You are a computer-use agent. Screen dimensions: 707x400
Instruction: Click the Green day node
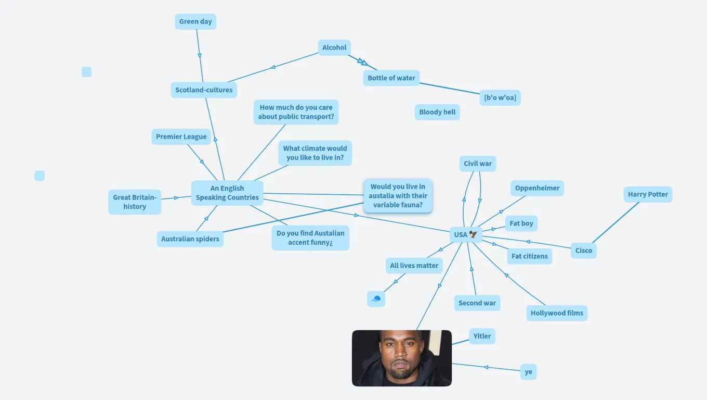[x=195, y=21]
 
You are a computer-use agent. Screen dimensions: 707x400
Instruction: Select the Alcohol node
[x=334, y=47]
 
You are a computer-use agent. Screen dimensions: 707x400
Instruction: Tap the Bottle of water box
[x=391, y=78]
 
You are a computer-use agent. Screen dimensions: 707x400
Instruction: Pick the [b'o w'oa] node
[x=500, y=97]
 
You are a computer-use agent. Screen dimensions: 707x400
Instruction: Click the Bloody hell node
[x=437, y=112]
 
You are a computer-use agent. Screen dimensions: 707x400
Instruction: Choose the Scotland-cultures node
[x=204, y=90]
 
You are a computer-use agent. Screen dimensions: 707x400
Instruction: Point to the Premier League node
[x=181, y=136]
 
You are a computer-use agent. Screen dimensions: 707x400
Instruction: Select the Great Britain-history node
[x=135, y=202]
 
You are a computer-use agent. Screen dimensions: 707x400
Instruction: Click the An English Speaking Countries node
[x=227, y=193]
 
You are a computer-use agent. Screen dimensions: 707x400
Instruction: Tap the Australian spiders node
[x=190, y=239]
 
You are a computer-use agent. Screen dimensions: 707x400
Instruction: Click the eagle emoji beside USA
[x=473, y=234]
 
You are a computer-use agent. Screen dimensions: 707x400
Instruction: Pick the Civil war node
[x=478, y=164]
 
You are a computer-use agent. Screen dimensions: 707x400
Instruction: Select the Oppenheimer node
[x=537, y=188]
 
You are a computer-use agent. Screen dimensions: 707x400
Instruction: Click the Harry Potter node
[x=648, y=194]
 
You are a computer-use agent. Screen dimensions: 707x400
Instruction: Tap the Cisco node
[x=584, y=251]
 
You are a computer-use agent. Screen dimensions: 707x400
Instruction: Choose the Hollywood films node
[x=557, y=313]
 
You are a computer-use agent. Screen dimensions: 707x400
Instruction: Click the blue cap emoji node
[x=376, y=299]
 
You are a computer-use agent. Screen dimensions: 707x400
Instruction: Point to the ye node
[x=528, y=372]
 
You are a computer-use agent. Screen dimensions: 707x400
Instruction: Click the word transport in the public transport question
[x=318, y=116]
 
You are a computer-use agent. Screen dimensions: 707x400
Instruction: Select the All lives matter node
[x=414, y=265]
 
